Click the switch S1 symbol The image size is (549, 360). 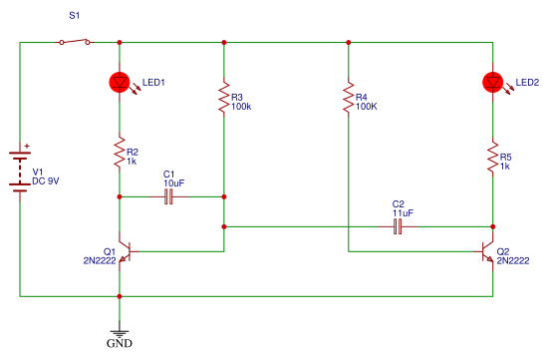pos(75,42)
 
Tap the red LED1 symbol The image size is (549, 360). pos(120,83)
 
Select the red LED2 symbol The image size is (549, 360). pos(492,83)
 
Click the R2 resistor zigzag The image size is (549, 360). pos(120,152)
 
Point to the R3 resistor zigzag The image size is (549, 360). pos(224,97)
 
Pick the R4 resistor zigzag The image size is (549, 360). pos(348,97)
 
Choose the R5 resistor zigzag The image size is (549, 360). pos(492,157)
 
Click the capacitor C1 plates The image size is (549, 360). pos(168,196)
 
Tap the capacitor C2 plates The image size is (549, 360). pos(398,226)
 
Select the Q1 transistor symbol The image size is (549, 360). pos(127,251)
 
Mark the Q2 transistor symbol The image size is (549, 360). pos(486,251)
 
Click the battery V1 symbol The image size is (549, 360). pos(20,172)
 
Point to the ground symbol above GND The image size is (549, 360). pos(120,333)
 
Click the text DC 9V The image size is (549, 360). pos(46,181)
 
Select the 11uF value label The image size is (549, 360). pos(403,212)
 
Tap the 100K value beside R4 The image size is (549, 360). pos(367,107)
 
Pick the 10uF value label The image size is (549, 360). pos(174,182)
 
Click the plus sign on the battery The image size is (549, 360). pos(27,147)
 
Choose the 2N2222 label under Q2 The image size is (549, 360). pos(513,261)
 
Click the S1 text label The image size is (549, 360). pos(74,15)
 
